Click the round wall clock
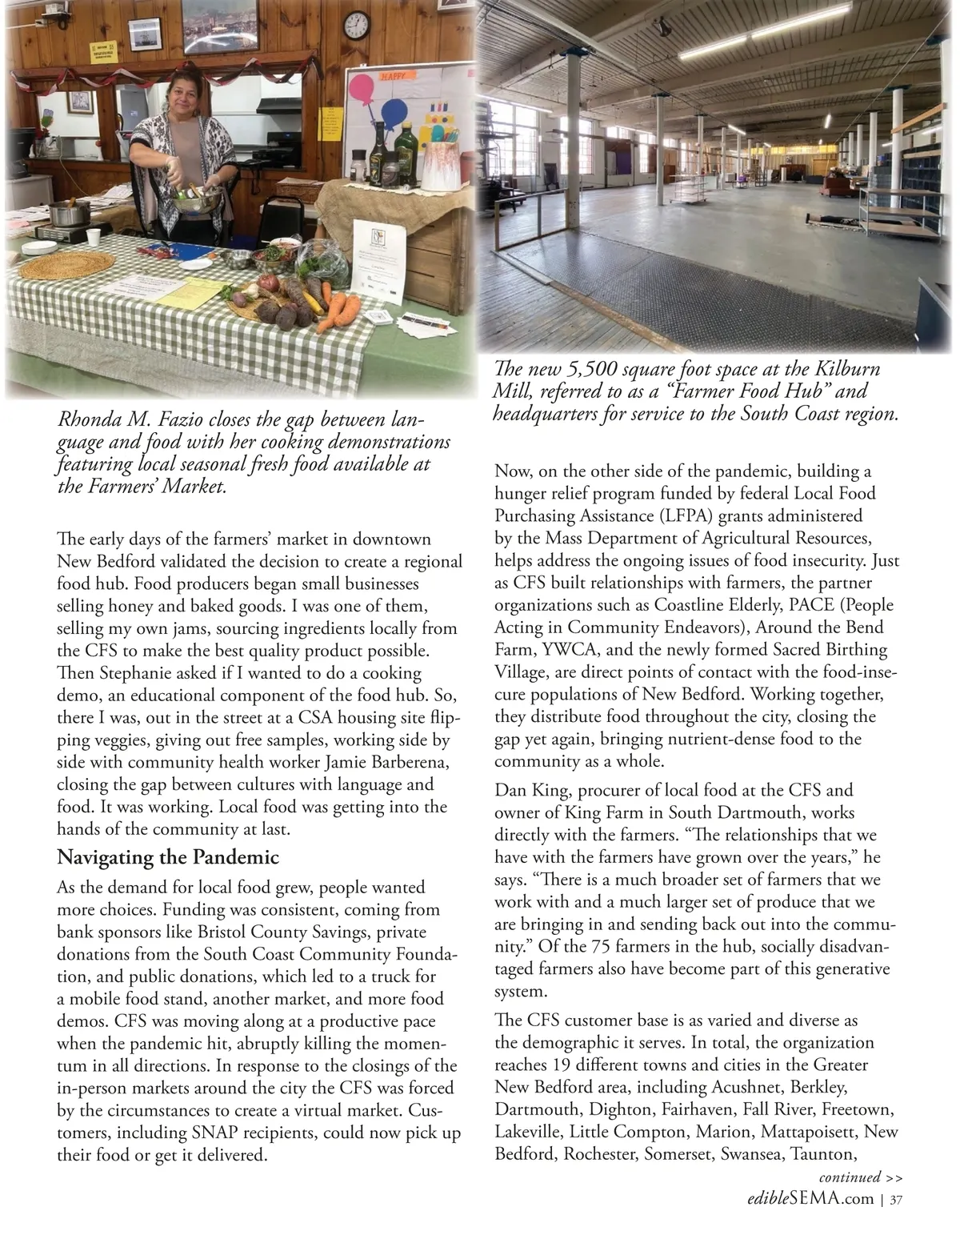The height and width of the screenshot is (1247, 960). click(357, 27)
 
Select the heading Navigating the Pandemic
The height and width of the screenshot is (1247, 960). click(168, 857)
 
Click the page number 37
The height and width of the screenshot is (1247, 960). click(896, 1200)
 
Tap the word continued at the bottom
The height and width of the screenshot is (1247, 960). click(850, 1177)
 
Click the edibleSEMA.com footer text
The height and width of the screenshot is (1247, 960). click(810, 1199)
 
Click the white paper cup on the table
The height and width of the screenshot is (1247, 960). click(94, 237)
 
